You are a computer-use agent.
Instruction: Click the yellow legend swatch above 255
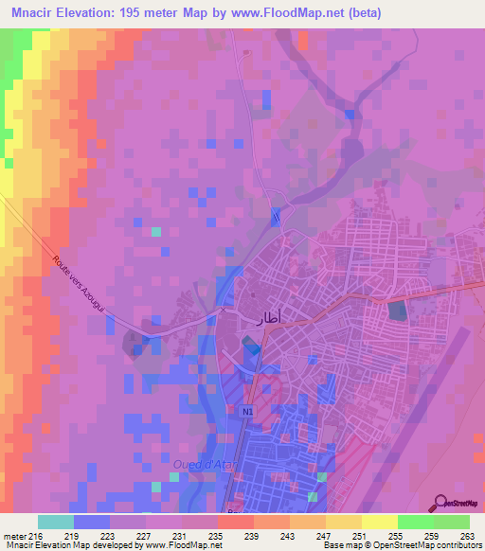[x=380, y=522]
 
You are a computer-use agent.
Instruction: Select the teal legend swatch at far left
[x=55, y=522]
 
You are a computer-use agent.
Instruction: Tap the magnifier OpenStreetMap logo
[x=441, y=503]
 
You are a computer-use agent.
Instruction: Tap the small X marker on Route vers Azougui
[x=225, y=310]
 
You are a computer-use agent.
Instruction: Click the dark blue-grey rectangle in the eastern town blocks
[x=396, y=310]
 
